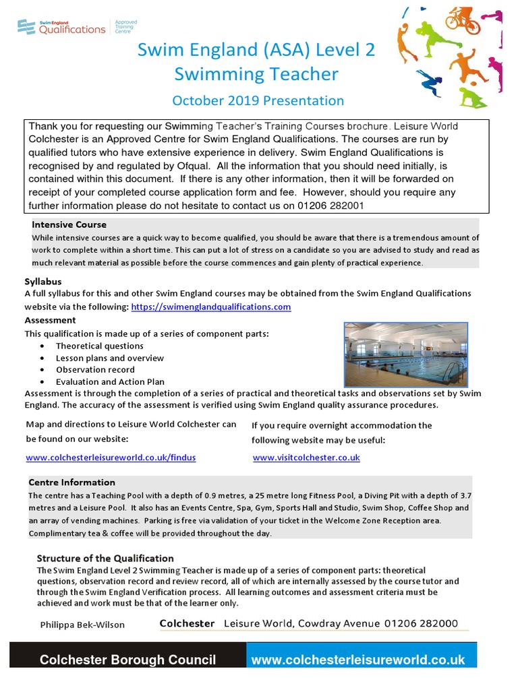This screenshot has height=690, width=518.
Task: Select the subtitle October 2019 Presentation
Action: pos(258,100)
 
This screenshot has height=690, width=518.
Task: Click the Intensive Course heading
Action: pos(69,224)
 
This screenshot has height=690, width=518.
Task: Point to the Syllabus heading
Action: pos(43,282)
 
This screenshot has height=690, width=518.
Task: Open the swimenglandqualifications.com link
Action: pos(210,307)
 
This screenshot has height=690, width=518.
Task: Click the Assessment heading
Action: pos(50,320)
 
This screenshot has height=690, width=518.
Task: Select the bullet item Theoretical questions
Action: pos(99,346)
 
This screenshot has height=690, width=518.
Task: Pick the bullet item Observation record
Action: pos(95,369)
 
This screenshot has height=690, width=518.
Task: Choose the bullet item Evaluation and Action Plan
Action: pos(110,381)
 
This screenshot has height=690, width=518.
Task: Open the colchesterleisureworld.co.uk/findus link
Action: pos(111,458)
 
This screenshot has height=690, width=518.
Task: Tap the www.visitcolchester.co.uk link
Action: pos(306,458)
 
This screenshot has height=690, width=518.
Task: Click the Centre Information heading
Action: pos(71,482)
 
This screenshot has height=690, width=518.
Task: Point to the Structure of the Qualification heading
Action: pos(105,559)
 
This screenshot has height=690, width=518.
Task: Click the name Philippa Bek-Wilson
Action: pos(82,625)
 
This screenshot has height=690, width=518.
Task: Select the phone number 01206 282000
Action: pos(421,624)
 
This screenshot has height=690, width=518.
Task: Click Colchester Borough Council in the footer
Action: pos(127,660)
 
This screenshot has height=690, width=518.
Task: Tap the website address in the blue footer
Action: pos(357,660)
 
